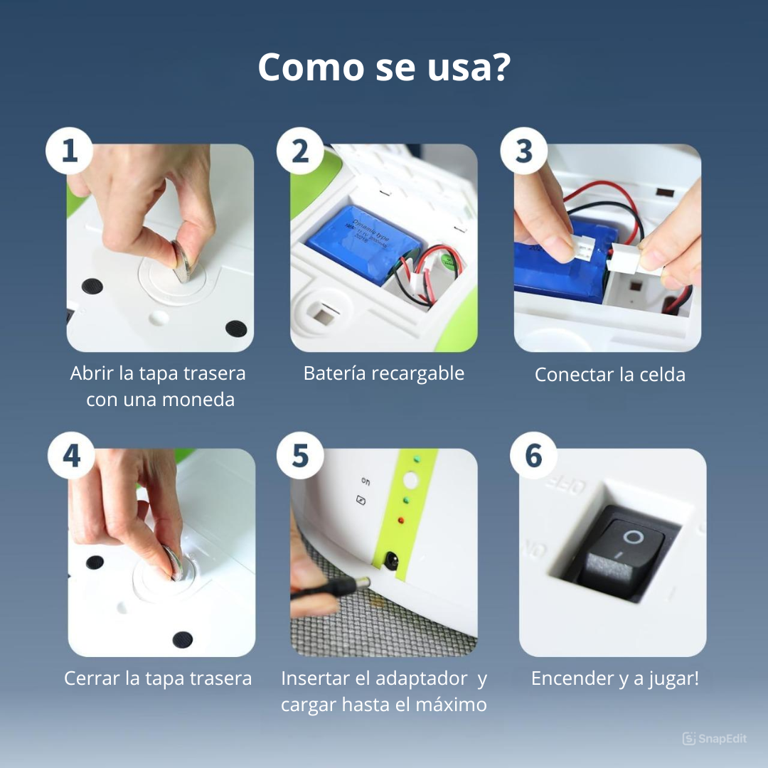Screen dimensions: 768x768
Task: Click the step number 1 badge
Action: coord(69,151)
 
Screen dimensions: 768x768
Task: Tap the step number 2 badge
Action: coord(300,151)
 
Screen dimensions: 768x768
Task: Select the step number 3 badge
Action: coord(523,151)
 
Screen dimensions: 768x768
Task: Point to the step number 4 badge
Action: coord(72,456)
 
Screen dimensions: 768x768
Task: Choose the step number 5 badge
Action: coord(300,456)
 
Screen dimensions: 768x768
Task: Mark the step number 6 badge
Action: coord(533,456)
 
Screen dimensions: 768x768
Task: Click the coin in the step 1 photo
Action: coord(181,261)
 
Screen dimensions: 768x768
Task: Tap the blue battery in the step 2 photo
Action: coord(363,243)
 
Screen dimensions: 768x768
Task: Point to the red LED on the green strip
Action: coord(401,520)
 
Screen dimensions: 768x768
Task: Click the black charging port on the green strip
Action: coord(391,560)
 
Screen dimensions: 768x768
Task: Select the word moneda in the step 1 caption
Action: coord(198,400)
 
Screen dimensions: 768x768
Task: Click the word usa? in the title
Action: coord(469,67)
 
